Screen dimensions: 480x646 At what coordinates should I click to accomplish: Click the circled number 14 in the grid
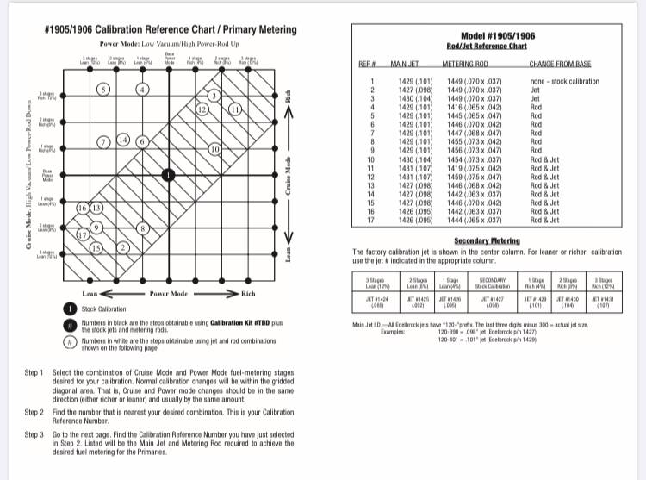point(122,140)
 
